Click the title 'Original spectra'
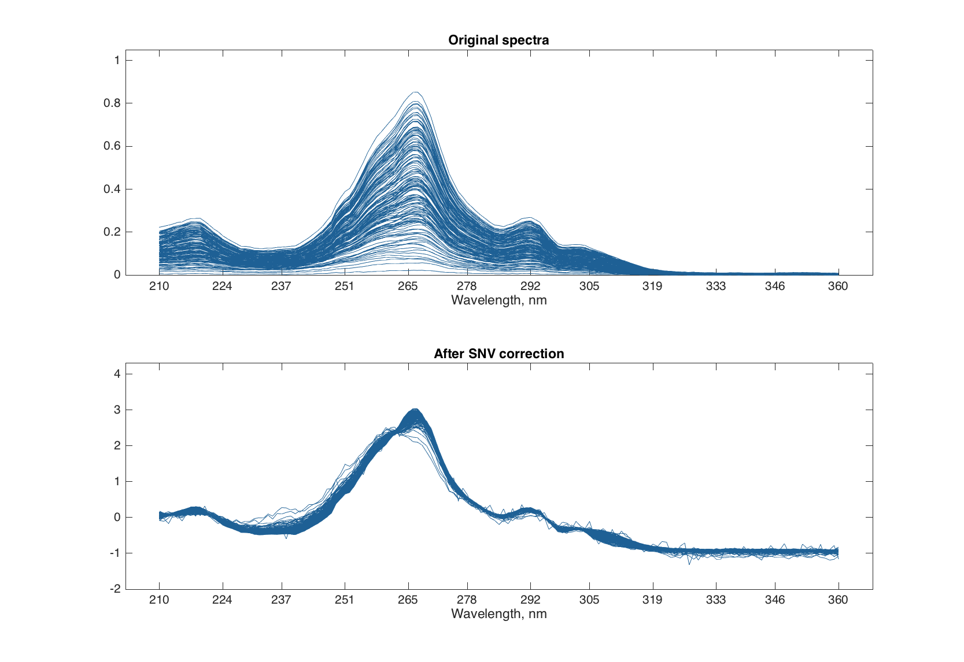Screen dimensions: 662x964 click(498, 40)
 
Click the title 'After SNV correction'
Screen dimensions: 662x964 click(498, 354)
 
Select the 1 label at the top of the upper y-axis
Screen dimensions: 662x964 click(117, 60)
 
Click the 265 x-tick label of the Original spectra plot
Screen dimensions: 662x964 click(408, 286)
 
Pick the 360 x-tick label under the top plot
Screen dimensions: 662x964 click(837, 286)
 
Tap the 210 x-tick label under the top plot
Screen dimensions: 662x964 click(159, 286)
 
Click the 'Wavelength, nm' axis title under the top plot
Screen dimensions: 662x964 click(498, 300)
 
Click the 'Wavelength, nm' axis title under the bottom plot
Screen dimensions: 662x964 click(498, 613)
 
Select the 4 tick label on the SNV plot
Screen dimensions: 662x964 click(117, 374)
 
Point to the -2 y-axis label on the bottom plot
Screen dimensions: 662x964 click(115, 589)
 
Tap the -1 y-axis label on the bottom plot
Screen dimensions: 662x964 click(115, 553)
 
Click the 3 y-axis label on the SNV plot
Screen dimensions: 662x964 click(117, 410)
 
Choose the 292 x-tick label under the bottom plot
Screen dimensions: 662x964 click(530, 600)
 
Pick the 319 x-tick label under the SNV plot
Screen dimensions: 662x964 click(652, 600)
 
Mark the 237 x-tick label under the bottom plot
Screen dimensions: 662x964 click(281, 600)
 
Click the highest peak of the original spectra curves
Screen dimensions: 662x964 click(415, 92)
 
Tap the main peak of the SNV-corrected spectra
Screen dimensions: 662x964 click(415, 411)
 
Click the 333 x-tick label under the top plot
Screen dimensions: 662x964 click(715, 286)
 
